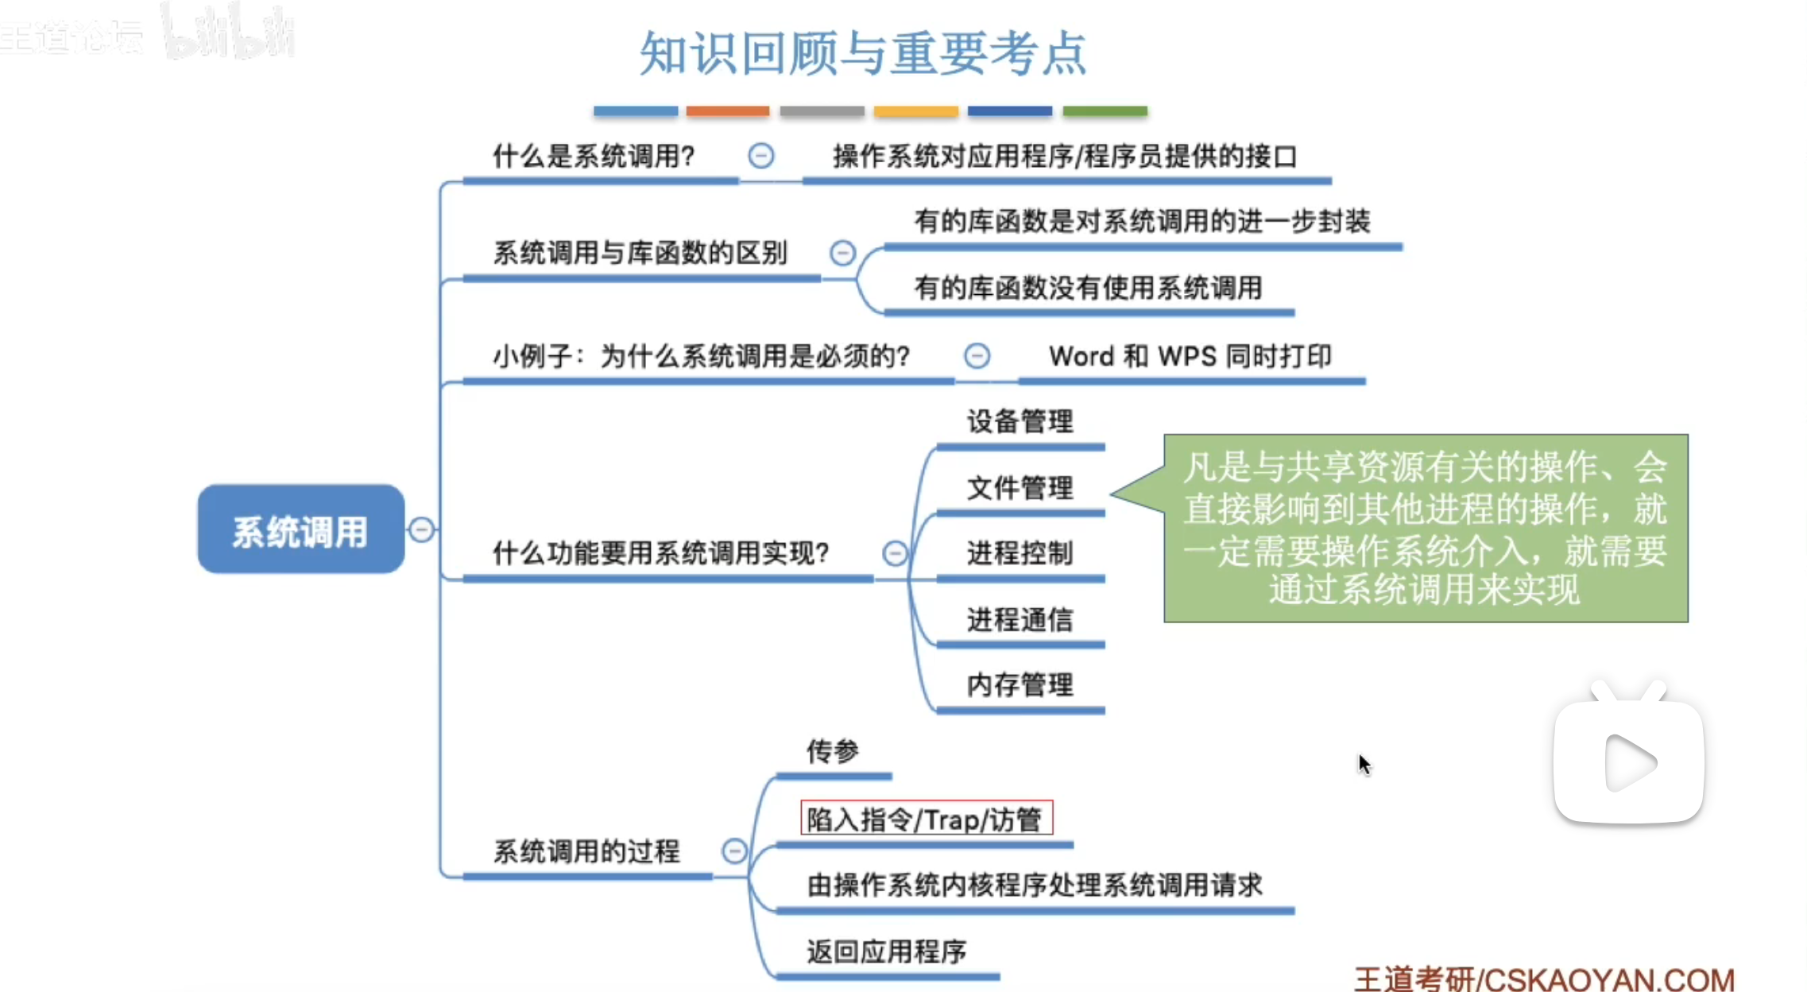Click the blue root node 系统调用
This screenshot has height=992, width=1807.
click(300, 529)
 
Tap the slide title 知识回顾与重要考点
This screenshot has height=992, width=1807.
click(863, 53)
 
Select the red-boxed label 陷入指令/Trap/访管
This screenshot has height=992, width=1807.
click(926, 818)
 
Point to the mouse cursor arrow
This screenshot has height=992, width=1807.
click(1364, 764)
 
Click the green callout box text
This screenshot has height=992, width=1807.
click(1425, 528)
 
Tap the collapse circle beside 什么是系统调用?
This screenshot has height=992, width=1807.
click(760, 156)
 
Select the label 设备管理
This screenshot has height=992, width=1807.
click(1020, 421)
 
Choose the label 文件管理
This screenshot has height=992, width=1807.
click(1020, 487)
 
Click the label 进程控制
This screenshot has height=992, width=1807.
click(1020, 553)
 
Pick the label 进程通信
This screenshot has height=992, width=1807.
click(1020, 619)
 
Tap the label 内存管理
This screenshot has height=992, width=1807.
click(1020, 684)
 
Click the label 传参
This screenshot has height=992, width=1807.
click(832, 750)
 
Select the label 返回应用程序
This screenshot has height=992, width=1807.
click(886, 951)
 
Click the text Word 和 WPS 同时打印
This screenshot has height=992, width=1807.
click(1190, 356)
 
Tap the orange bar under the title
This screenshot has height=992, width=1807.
click(727, 111)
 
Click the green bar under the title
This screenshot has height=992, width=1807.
click(1105, 111)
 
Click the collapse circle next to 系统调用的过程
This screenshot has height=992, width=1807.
click(734, 851)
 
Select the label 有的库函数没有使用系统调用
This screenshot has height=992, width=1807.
click(1088, 288)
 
